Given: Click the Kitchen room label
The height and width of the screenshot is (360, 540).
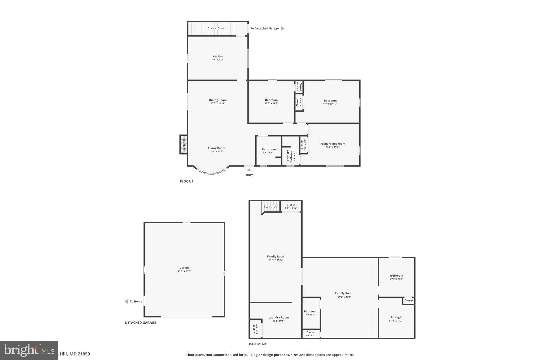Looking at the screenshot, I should pos(218,56).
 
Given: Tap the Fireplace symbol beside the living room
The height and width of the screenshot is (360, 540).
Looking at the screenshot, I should pos(184,145).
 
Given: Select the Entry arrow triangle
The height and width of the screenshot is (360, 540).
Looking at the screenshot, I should pos(249,170).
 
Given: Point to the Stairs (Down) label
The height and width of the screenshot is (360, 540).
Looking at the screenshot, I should pos(217,28).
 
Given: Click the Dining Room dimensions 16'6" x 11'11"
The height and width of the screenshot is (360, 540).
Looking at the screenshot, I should pos(218,103).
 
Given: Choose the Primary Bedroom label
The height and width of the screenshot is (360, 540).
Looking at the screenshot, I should pos(332,144).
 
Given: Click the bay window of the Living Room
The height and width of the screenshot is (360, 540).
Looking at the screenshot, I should pos(212,173).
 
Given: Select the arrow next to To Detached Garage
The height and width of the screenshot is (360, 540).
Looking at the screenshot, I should pos(283,28).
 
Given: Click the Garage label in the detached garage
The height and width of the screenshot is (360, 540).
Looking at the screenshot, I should pos(184,268).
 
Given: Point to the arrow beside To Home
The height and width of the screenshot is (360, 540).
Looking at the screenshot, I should pos(126,301).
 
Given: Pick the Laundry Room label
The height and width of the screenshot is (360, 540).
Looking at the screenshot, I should pos(278,317).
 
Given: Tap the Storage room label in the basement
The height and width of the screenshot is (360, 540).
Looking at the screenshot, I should pos(396,317).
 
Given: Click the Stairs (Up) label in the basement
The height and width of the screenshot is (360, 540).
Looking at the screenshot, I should pos(271,206).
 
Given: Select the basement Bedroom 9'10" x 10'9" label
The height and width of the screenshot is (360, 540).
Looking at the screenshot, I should pos(397,276).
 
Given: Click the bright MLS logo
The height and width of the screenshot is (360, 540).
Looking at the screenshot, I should pos(29,350).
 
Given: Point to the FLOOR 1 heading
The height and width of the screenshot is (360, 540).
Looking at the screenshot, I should pos(186,181).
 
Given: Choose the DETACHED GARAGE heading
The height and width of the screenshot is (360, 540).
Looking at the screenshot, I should pos(140,323).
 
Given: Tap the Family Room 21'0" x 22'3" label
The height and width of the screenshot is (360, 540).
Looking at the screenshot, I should pos(344,293).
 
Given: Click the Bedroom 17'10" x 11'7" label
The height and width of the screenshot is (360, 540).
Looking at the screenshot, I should pos(330,101).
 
